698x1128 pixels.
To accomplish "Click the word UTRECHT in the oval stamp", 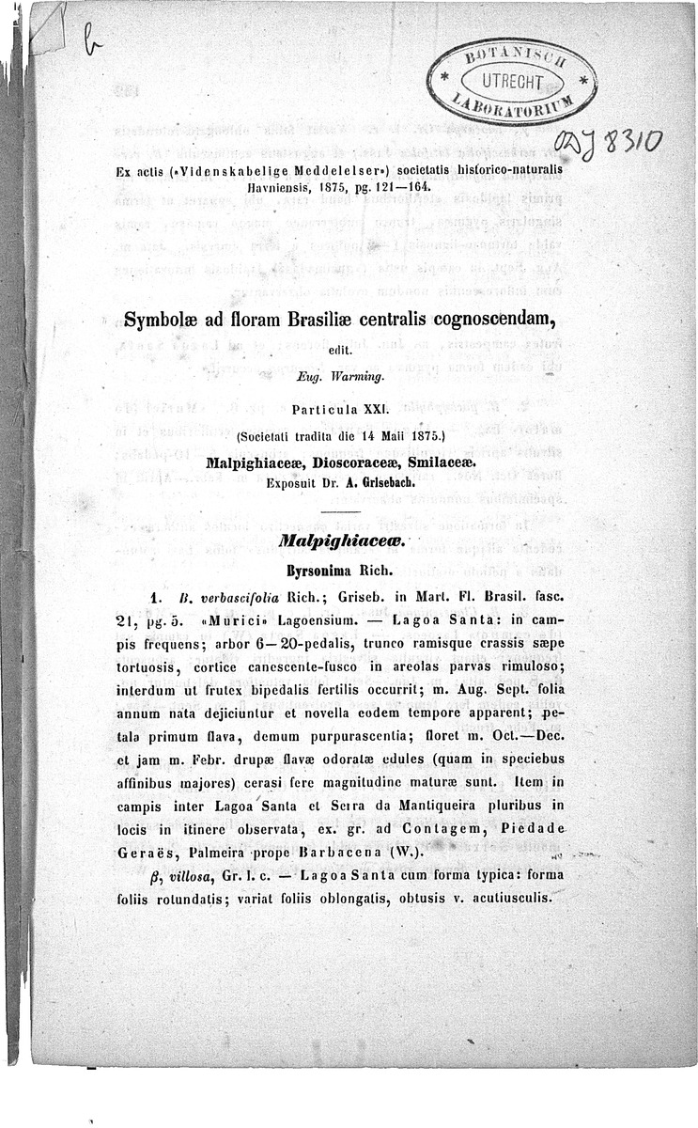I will click(513, 81).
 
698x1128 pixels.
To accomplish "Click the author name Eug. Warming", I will click(347, 380).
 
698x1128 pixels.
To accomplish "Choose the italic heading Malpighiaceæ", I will click(348, 539).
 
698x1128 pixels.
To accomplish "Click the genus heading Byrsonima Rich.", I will click(348, 570).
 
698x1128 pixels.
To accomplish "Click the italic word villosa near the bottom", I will click(194, 874).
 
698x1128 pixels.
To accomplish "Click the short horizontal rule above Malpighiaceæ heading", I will click(348, 511).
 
